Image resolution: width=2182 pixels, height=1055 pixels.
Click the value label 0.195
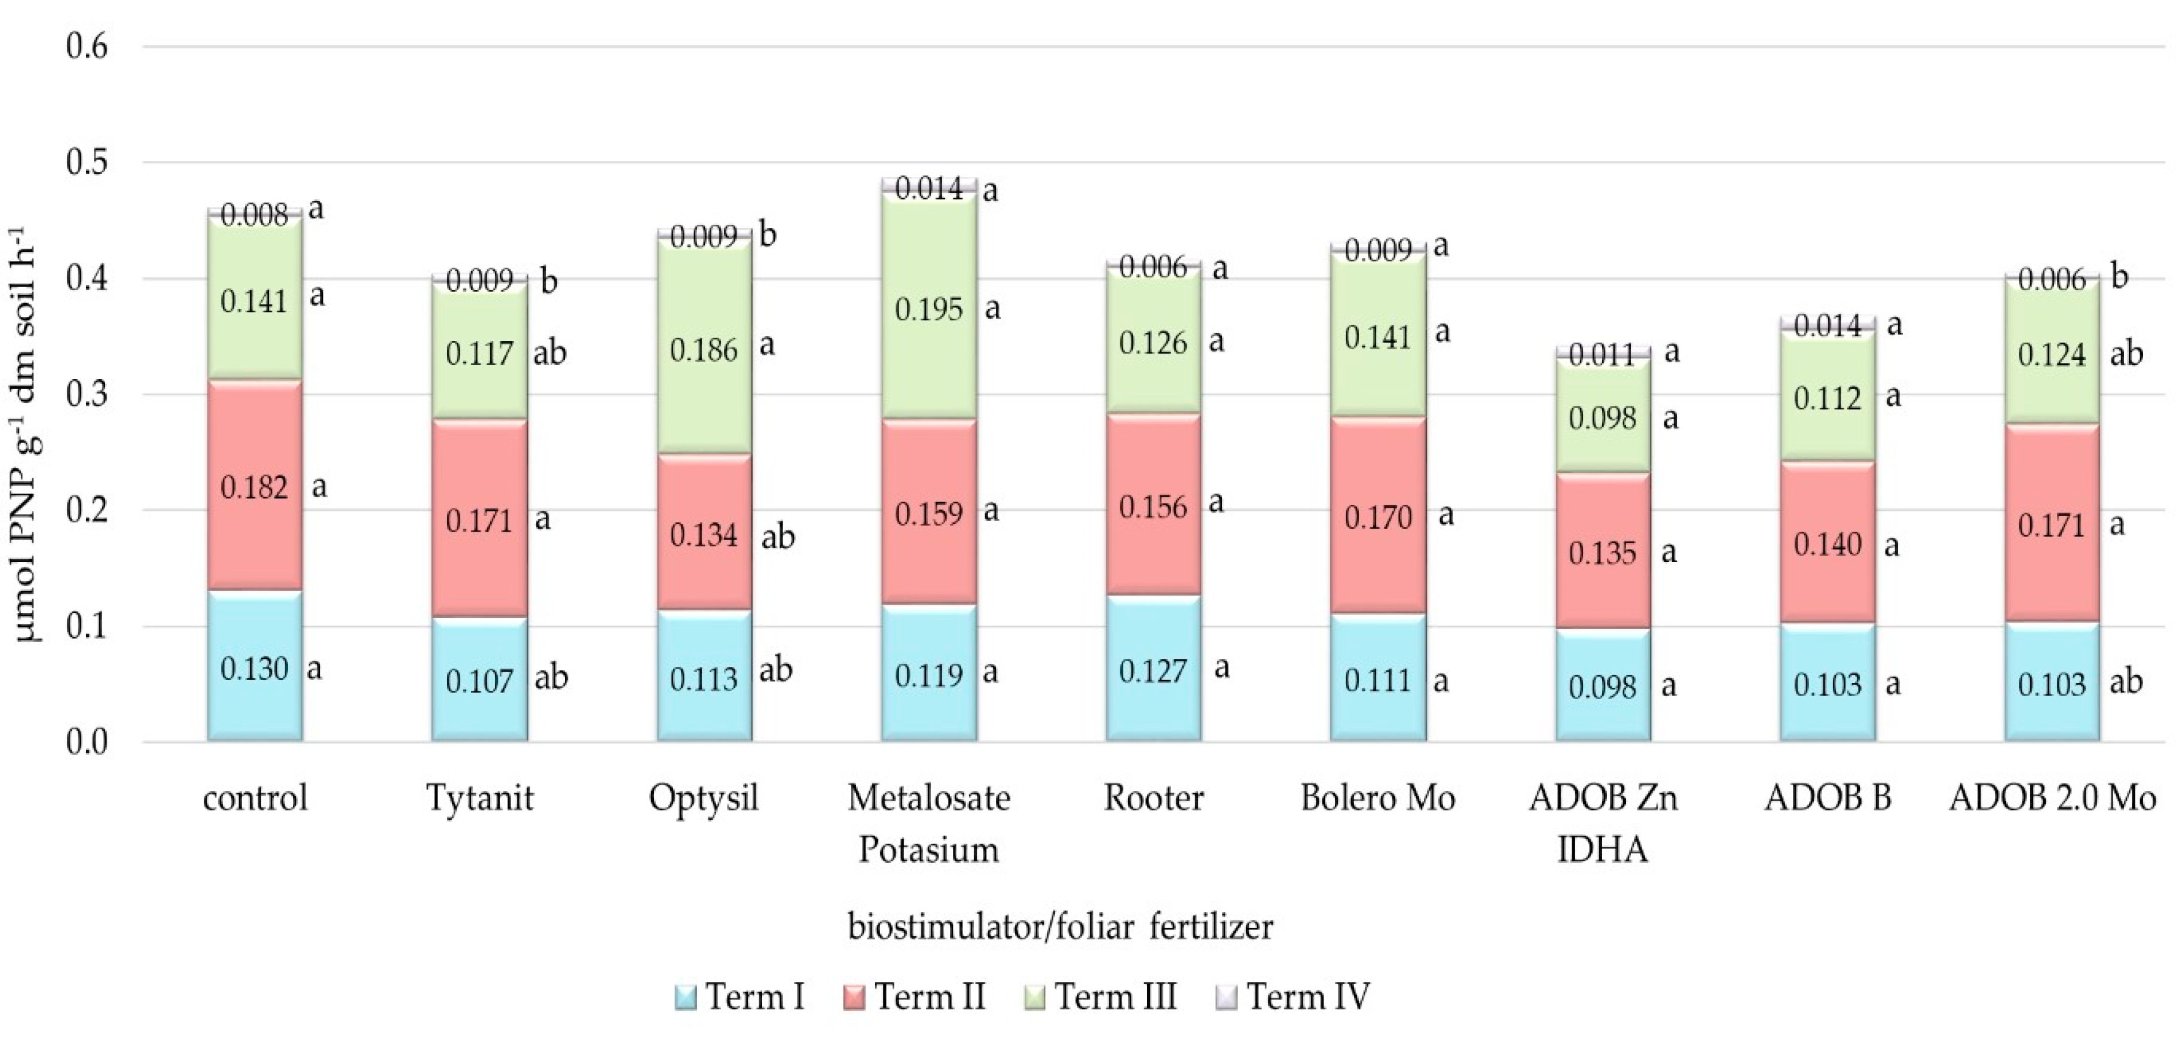(x=928, y=309)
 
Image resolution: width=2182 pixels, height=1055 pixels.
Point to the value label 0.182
(x=254, y=487)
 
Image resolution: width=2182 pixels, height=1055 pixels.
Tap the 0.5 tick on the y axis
(x=87, y=162)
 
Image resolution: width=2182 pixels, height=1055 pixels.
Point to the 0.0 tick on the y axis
(x=87, y=742)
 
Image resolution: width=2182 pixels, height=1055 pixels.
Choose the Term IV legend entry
(x=1297, y=996)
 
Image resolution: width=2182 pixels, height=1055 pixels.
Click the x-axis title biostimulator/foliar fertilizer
(x=1060, y=926)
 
